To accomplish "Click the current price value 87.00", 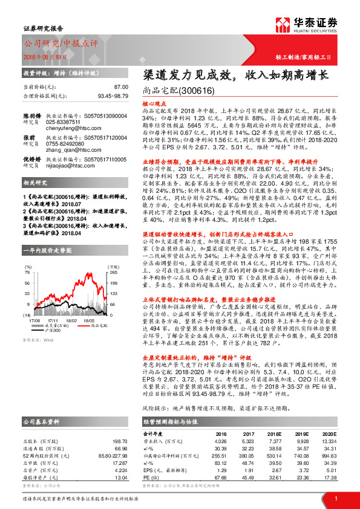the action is (x=120, y=88).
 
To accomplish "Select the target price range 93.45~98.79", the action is (x=113, y=96).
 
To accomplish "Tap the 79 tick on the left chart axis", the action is (x=28, y=272).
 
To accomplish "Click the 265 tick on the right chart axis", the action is (x=112, y=272).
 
